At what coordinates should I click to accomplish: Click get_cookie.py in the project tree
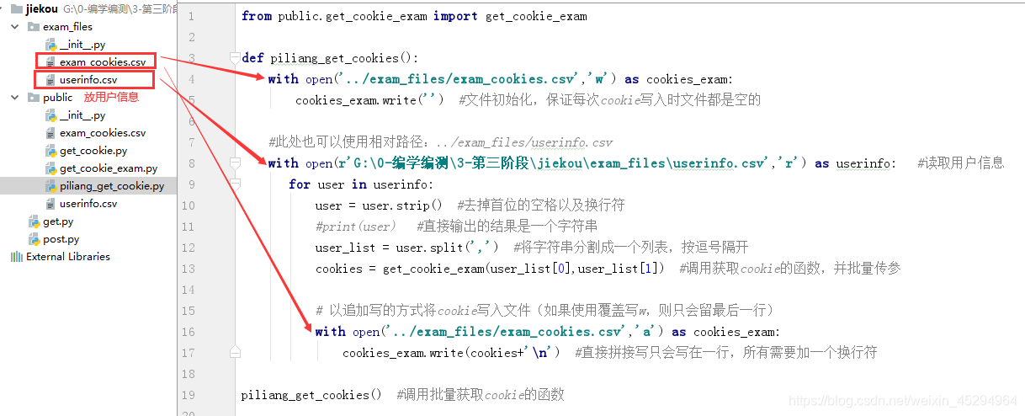93,151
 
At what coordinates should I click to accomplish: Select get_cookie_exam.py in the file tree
108,168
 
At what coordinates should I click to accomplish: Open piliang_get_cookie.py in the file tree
112,186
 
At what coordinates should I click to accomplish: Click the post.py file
61,239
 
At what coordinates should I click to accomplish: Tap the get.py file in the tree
58,221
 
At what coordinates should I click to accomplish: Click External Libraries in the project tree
67,257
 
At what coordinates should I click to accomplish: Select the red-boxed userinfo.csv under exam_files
88,80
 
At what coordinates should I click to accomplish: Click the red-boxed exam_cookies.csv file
102,62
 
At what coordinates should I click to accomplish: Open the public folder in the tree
57,98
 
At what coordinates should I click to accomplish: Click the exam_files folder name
67,27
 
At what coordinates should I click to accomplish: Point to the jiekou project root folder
41,8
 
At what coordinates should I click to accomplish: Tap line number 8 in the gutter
192,163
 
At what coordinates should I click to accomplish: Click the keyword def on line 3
252,58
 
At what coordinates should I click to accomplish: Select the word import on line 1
454,16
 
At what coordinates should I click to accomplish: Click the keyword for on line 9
299,184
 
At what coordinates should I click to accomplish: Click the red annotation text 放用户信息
111,98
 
